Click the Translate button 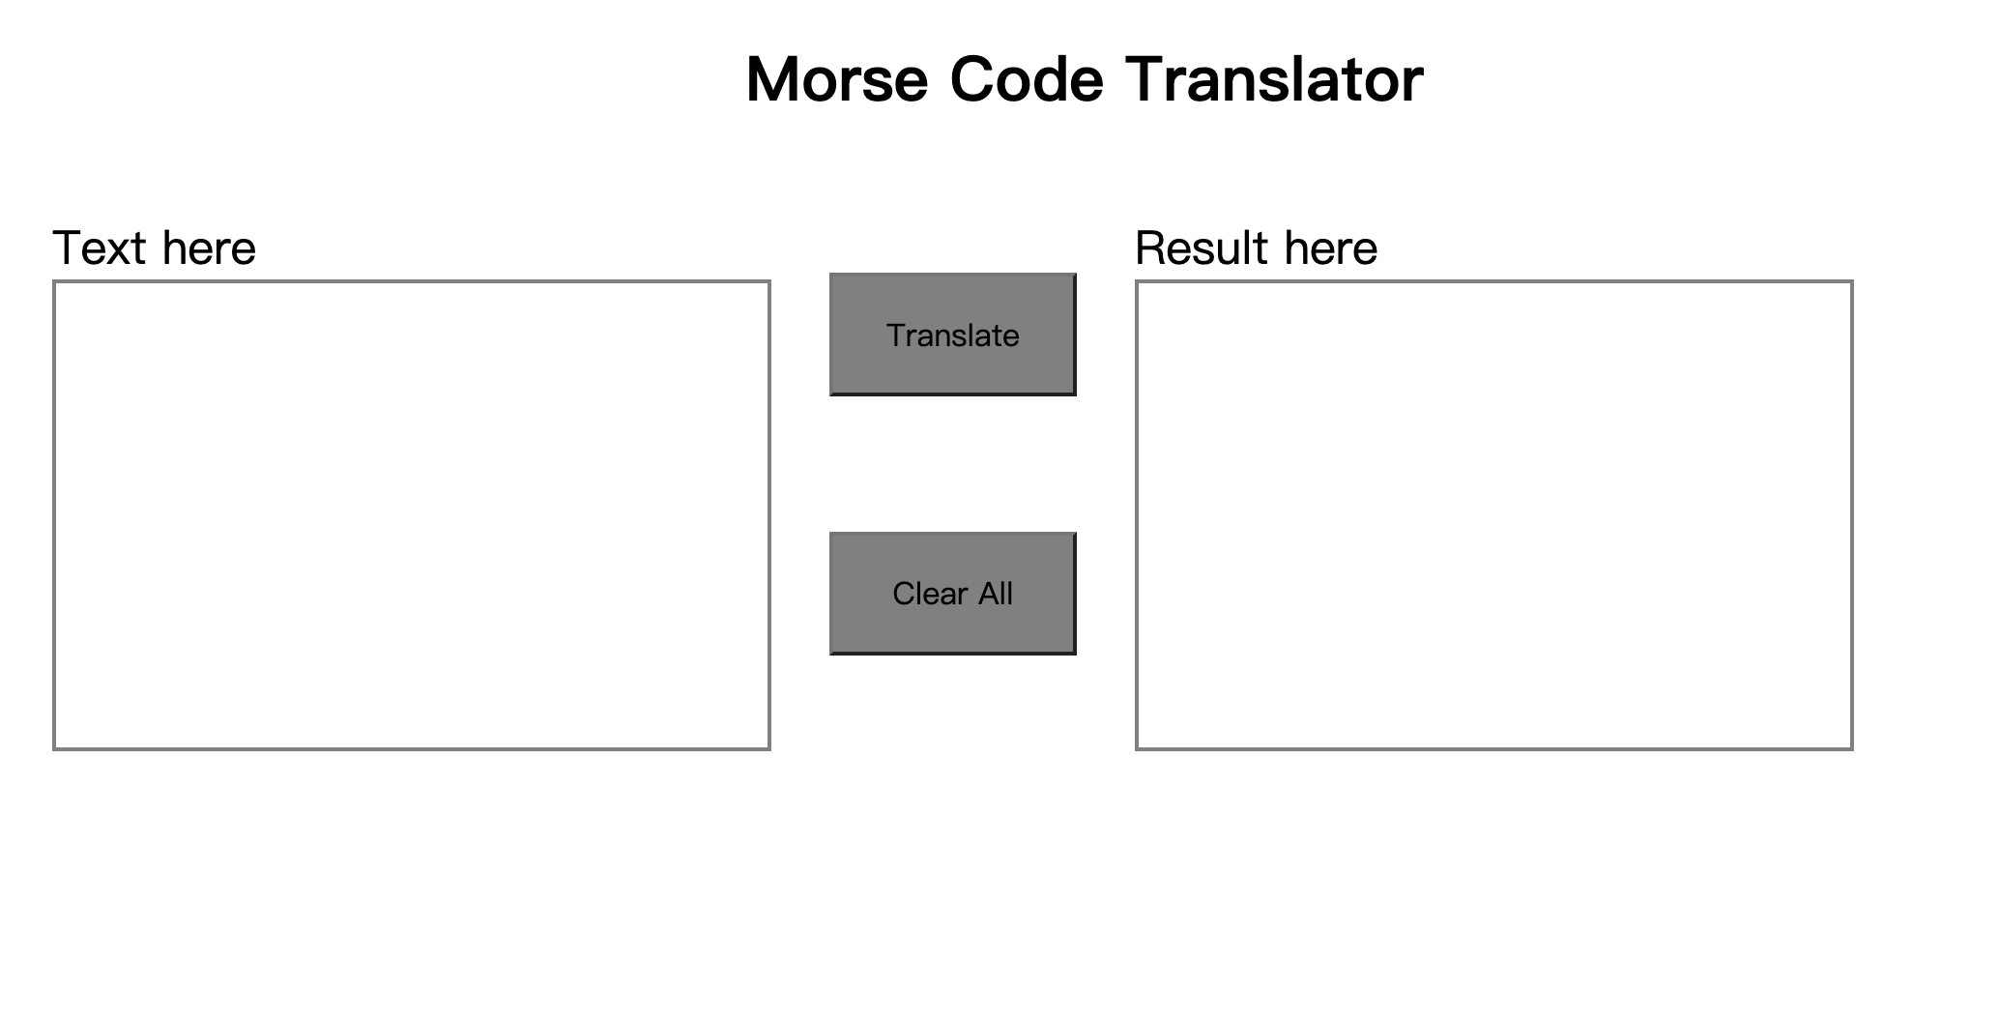tap(952, 335)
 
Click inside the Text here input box tap(411, 514)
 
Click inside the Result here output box tap(1493, 514)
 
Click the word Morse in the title tap(836, 79)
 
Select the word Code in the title tap(1026, 79)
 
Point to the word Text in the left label tap(101, 248)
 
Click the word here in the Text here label tap(209, 248)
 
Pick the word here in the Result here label tap(1331, 248)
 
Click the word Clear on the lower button tap(930, 594)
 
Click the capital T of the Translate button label tap(895, 335)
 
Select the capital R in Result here tap(1150, 248)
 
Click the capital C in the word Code tap(974, 79)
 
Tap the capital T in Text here tap(69, 248)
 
